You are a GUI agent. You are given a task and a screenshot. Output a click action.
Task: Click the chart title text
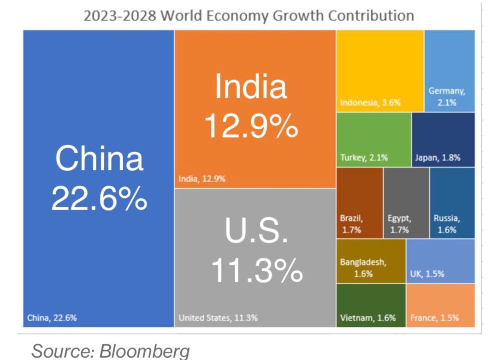(249, 15)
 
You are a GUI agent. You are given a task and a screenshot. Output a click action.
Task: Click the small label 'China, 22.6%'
(52, 318)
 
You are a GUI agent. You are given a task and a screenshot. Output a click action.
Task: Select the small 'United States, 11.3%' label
(218, 318)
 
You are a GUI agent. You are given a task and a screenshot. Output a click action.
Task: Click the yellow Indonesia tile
(380, 69)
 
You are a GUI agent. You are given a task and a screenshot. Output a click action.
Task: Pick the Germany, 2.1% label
(447, 97)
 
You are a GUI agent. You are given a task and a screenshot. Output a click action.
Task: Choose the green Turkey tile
(373, 138)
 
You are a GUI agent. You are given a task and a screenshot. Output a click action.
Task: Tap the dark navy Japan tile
(443, 138)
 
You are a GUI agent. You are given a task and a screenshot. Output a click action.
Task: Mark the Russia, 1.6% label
(446, 224)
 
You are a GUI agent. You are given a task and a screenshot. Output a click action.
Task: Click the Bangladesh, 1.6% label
(363, 268)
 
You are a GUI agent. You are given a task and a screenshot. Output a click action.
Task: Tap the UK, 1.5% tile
(440, 261)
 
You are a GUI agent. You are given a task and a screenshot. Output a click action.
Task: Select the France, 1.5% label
(434, 318)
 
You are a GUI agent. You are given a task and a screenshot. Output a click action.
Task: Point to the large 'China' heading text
(99, 158)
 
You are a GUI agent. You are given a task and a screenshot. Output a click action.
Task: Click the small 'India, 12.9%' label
(202, 179)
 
